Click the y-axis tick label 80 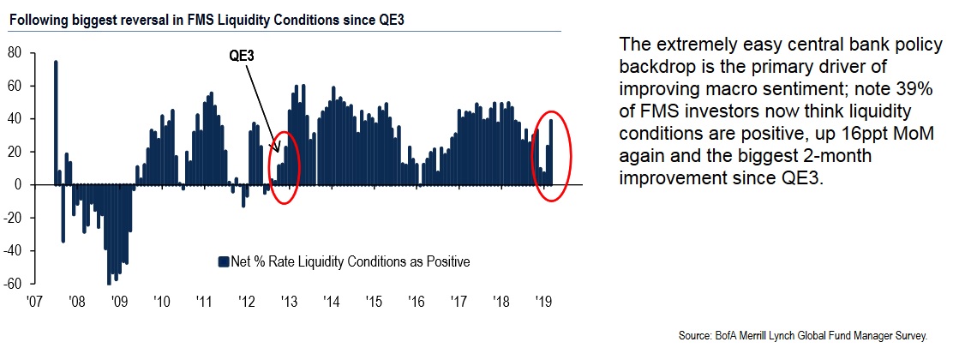pos(14,51)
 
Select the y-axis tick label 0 pos(18,184)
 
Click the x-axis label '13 pos(288,302)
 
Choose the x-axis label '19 pos(542,302)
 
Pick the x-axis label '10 pos(161,302)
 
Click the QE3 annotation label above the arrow pos(242,56)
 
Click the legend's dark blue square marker pos(224,261)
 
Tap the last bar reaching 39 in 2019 pos(551,152)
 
